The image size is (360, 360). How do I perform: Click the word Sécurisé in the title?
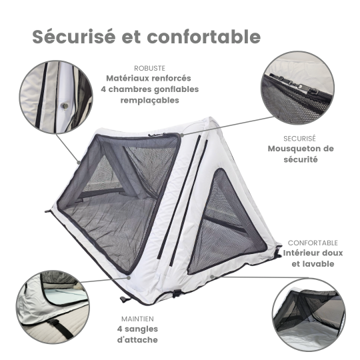click(73, 37)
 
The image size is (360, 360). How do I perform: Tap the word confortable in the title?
click(203, 37)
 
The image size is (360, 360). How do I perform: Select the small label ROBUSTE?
click(150, 69)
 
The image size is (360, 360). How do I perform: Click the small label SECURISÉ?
click(299, 139)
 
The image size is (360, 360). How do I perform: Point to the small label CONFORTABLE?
click(313, 243)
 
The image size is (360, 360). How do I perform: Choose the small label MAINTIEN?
click(137, 319)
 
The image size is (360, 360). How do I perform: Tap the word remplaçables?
click(150, 100)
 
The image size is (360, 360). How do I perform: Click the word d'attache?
click(137, 339)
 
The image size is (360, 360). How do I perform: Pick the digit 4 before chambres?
click(103, 89)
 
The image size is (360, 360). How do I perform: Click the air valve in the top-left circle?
click(65, 106)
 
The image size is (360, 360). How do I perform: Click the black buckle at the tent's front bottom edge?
click(177, 293)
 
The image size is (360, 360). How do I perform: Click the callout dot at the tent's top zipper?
click(182, 135)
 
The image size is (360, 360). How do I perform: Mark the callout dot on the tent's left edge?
click(79, 163)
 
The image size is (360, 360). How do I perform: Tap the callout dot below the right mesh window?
click(213, 276)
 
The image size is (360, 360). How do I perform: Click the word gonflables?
click(176, 89)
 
